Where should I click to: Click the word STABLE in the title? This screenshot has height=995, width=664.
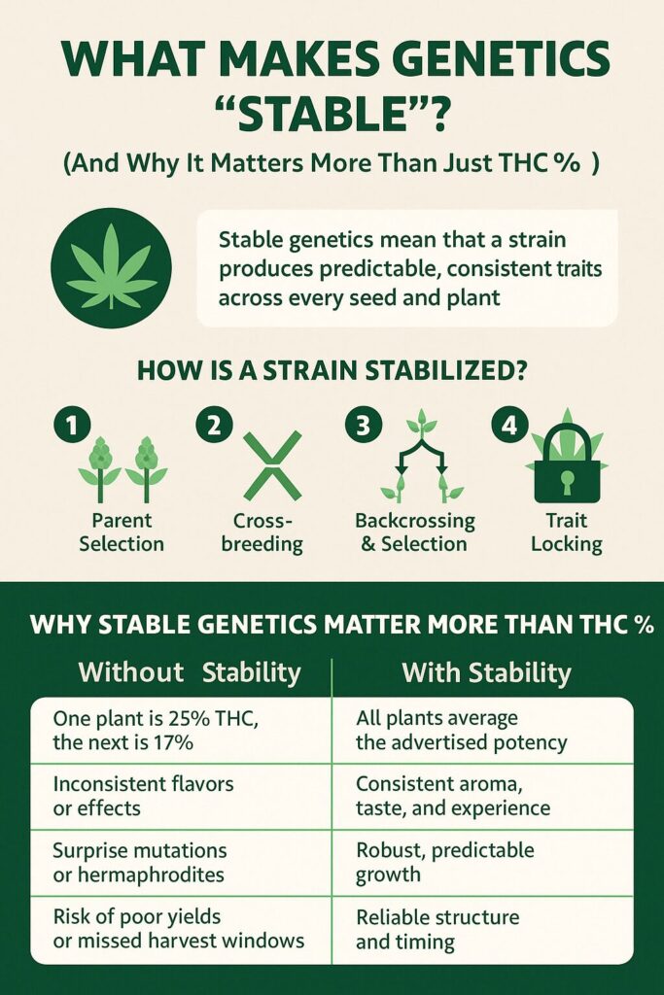(331, 115)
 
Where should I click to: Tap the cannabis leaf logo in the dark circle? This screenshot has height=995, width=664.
(112, 266)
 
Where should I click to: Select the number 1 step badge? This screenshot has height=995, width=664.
(72, 425)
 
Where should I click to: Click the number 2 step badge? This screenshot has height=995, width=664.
(215, 425)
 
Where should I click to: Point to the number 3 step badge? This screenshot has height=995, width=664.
(364, 425)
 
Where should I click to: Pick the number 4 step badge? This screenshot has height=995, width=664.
(509, 425)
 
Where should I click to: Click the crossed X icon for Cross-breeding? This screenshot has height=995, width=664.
(272, 464)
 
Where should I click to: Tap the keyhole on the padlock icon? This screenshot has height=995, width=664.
(567, 481)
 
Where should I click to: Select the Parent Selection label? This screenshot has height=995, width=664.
(122, 532)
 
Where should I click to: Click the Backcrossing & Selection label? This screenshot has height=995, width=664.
(414, 532)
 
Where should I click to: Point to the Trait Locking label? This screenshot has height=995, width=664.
(566, 532)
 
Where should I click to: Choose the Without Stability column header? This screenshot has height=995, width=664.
(190, 672)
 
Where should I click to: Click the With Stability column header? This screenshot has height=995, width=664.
(486, 672)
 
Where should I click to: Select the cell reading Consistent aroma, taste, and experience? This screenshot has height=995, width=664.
(453, 796)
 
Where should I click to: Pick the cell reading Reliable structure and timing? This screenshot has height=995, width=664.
(437, 929)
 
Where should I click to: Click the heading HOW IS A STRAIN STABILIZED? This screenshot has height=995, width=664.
(332, 370)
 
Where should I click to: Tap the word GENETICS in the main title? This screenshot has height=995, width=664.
(505, 59)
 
